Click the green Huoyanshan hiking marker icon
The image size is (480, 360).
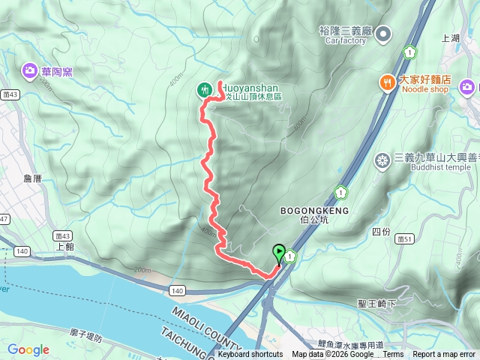coord(203,90)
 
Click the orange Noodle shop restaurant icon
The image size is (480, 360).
coord(387,83)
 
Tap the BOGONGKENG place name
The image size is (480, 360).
coord(310,211)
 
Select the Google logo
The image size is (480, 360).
coord(28,349)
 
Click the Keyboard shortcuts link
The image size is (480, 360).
coord(250,355)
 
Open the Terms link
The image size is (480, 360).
coord(393,355)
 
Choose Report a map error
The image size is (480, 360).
coord(444,355)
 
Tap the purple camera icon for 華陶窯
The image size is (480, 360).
coord(29,70)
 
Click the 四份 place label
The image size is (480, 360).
coord(381,231)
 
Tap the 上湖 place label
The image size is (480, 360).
coord(451,37)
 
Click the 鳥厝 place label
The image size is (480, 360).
coord(33,178)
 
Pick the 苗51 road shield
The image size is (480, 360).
coord(406,238)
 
